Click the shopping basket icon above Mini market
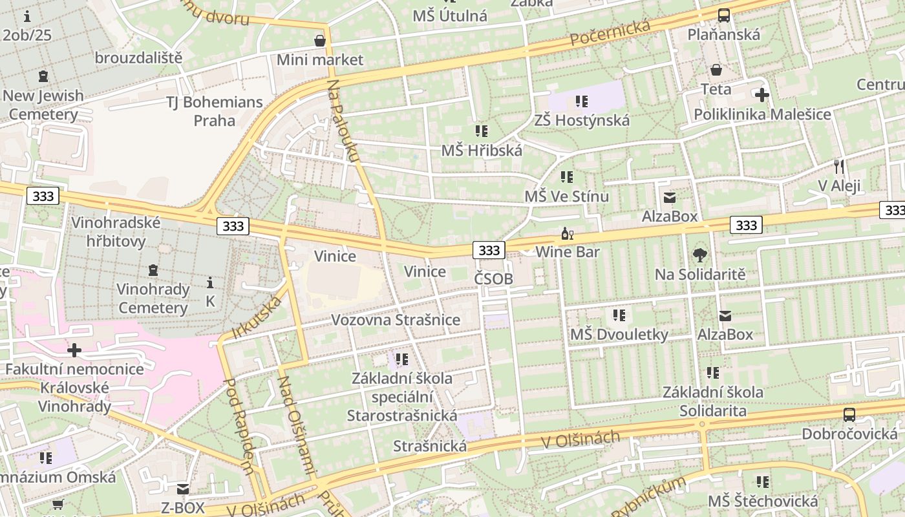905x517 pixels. tap(319, 41)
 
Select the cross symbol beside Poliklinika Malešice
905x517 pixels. tap(762, 95)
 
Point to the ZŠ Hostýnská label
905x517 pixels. tap(582, 120)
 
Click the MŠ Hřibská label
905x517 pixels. tap(482, 150)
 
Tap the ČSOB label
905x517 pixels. tap(493, 279)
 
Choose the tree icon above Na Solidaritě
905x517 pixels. tap(700, 255)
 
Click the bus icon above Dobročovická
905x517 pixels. tap(849, 415)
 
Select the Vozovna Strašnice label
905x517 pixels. tap(396, 320)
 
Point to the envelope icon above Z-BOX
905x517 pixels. tap(183, 489)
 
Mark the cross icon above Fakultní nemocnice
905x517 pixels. tap(74, 350)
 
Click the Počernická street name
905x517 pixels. tap(610, 33)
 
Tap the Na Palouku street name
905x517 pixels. tap(343, 120)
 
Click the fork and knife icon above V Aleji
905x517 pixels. tap(839, 167)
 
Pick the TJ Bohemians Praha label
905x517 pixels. tap(215, 111)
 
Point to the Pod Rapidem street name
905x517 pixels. tap(239, 427)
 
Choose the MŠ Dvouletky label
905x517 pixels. tap(619, 335)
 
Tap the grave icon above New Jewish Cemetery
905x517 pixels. tap(43, 76)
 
